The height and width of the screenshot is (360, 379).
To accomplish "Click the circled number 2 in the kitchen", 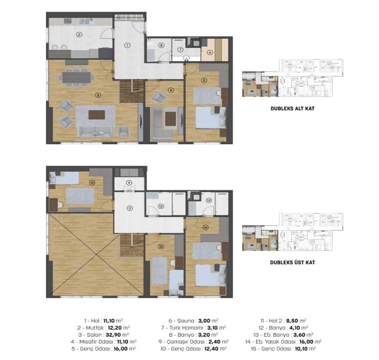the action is [x=79, y=35].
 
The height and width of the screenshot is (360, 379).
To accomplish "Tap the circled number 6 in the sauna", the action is [x=210, y=52].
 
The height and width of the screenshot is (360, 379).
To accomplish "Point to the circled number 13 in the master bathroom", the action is [x=209, y=200].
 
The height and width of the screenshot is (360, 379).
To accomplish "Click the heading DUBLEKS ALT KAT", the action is [x=292, y=108].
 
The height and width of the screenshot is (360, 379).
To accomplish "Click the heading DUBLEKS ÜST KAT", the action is [x=292, y=262].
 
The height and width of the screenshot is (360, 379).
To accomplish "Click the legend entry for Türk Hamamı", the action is [x=193, y=328].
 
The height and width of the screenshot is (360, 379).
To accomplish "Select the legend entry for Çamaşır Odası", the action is [x=193, y=342].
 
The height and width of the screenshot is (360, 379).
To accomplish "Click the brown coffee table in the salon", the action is [x=97, y=115].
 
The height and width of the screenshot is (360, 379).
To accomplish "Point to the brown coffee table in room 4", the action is [x=171, y=119].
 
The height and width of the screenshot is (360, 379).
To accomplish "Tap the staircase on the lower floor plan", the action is [x=132, y=91].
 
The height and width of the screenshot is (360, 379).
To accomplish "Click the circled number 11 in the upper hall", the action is [x=130, y=208].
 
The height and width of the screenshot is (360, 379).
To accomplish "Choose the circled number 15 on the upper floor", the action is [x=161, y=246].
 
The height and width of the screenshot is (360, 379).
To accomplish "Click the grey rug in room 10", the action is [x=80, y=196].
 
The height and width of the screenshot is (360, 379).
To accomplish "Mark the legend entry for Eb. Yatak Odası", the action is [x=283, y=342].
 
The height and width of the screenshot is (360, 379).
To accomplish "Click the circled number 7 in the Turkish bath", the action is [x=180, y=49].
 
